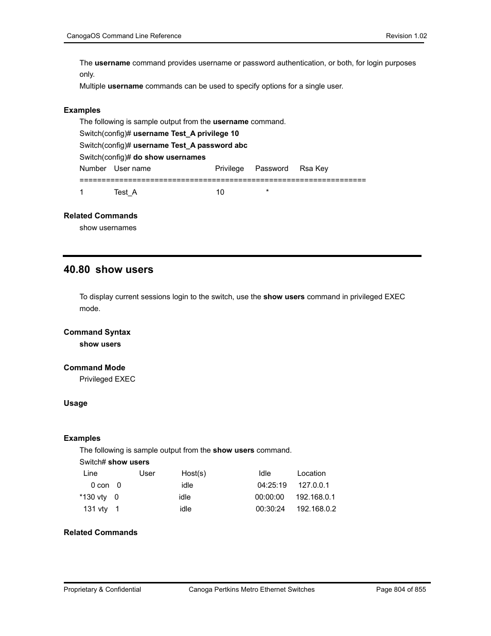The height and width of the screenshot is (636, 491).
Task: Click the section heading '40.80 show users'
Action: point(109,269)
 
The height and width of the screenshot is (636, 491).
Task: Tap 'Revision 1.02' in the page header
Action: point(406,36)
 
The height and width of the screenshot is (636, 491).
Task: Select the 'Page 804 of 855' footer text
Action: point(401,589)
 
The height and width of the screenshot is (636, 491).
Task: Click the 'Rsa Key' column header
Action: point(313,168)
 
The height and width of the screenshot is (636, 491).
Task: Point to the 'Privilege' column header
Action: point(230,168)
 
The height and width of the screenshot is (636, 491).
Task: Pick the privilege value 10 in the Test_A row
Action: point(220,192)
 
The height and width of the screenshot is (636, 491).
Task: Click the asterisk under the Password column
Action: point(268,192)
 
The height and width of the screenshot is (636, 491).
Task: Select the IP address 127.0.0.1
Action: point(313,485)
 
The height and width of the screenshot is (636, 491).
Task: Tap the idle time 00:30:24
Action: point(270,509)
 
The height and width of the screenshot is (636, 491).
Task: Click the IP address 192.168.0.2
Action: point(316,509)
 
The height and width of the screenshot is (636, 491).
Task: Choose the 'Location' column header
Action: point(311,473)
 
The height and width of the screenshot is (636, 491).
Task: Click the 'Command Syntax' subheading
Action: point(97,332)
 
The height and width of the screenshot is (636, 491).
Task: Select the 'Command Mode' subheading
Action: point(95,368)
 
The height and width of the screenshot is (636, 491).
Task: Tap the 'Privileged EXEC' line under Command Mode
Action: point(107,379)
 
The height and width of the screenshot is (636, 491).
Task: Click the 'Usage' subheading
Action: point(76,403)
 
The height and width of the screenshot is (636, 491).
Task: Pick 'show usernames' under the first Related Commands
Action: point(108,228)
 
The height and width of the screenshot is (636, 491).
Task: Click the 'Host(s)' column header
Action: point(194,473)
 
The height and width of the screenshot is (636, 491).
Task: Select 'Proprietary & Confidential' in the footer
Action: point(102,589)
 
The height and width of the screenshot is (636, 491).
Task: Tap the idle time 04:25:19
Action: point(272,485)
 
